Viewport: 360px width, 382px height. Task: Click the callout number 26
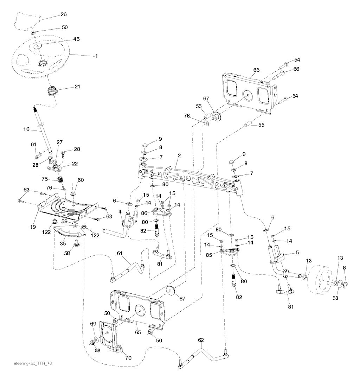[x=64, y=14]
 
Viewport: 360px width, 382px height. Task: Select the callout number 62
[x=201, y=340]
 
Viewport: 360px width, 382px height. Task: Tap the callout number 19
[x=33, y=227]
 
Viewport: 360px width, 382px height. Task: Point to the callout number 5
[x=297, y=252]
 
